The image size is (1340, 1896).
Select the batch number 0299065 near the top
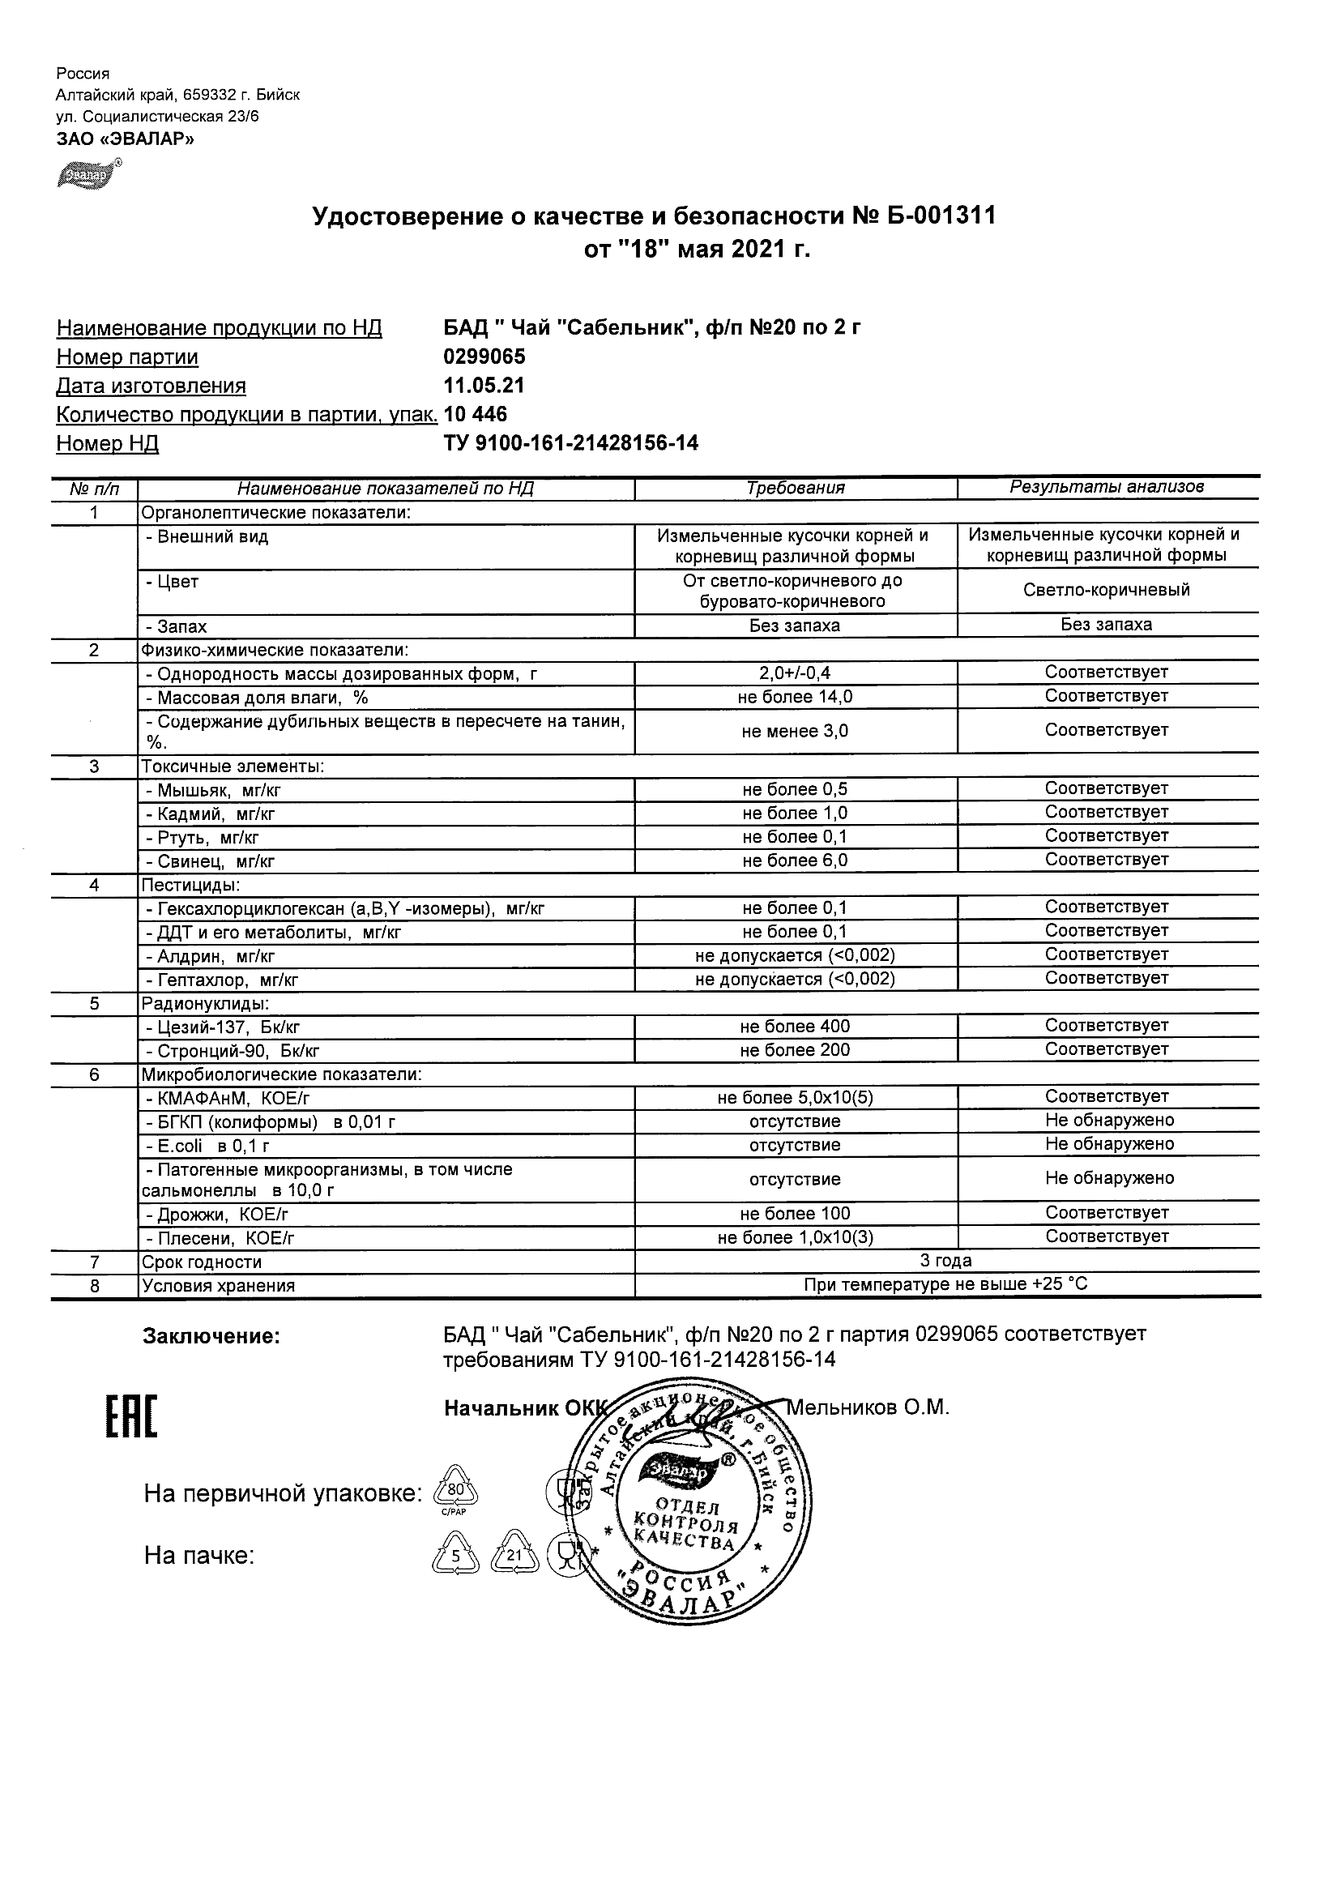(484, 357)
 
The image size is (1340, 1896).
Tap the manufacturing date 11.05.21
(484, 386)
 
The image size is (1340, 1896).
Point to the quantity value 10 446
(476, 415)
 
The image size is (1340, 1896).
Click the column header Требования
(795, 488)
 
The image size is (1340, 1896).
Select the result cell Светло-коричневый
(1107, 591)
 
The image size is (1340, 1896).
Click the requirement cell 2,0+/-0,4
(795, 674)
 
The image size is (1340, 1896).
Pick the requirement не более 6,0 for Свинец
(795, 861)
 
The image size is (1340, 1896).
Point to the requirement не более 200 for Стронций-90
(795, 1051)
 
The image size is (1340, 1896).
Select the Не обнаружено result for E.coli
(1109, 1145)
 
